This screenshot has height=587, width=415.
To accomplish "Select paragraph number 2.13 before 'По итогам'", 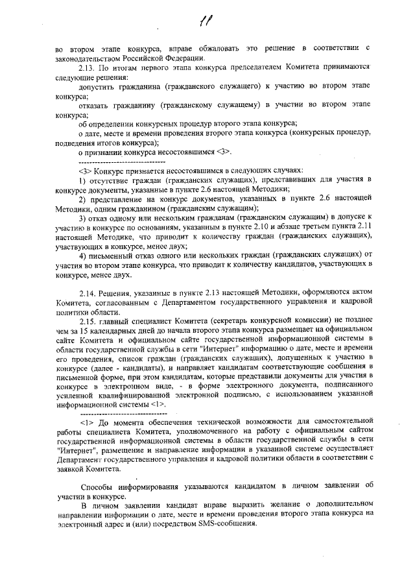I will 87,67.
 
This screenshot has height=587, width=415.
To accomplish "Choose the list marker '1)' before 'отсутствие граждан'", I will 82,179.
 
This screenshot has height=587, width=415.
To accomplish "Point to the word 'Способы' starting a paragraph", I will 97,485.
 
